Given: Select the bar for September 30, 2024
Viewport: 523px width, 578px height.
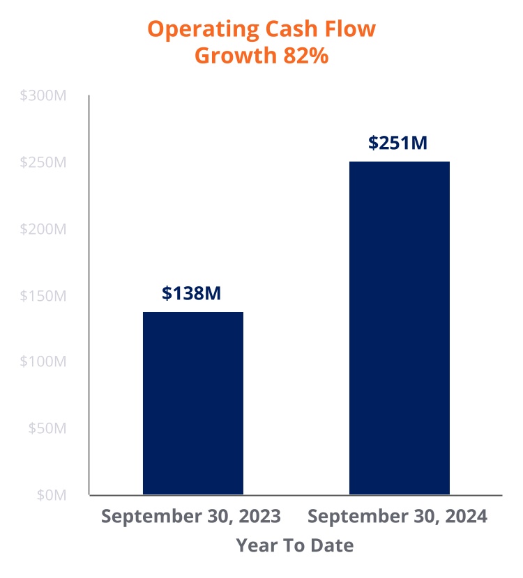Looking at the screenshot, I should click(400, 327).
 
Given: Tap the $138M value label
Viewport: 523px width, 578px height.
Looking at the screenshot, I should click(192, 293).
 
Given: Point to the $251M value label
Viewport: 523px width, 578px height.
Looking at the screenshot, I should click(397, 143).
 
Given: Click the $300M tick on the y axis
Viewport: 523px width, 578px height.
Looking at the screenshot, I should click(43, 96).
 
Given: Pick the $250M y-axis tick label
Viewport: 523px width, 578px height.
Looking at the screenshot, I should click(43, 162).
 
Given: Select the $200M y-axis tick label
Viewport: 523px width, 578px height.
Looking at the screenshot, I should click(43, 229).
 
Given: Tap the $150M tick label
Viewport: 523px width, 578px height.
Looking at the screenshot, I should click(43, 296).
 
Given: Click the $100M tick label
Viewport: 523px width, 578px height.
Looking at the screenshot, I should click(43, 362).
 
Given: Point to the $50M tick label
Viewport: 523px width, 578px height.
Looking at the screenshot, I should click(47, 428).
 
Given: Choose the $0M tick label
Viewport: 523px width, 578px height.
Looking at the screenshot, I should click(50, 495).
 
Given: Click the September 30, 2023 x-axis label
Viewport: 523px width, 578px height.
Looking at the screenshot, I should click(191, 517).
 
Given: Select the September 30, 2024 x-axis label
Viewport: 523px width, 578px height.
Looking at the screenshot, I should click(397, 517).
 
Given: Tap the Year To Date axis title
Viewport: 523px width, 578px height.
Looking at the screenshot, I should click(294, 545).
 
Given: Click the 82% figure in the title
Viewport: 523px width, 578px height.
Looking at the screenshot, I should click(305, 56).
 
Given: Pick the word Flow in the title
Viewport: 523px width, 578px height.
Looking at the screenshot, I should click(350, 29).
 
